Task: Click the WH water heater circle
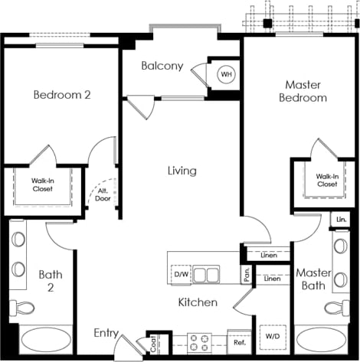click(226, 74)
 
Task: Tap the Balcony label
click(162, 66)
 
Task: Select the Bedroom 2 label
click(62, 95)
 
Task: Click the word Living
click(182, 171)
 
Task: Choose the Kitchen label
click(198, 302)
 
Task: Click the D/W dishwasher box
click(182, 274)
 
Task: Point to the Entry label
click(106, 333)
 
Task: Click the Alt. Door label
click(102, 195)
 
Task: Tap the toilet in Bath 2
click(23, 308)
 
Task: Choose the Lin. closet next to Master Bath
click(341, 220)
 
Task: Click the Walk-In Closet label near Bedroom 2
click(42, 185)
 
